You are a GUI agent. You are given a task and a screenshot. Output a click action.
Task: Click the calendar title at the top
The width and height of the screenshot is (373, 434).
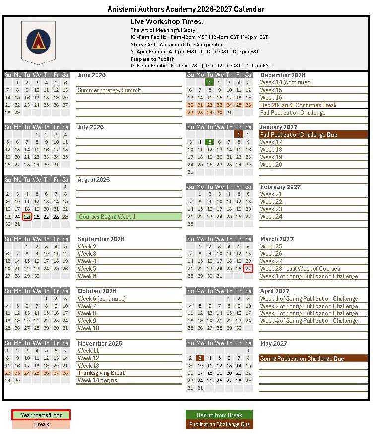[x=186, y=9]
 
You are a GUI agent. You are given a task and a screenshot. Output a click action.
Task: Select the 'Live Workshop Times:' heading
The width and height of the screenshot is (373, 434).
[x=167, y=22]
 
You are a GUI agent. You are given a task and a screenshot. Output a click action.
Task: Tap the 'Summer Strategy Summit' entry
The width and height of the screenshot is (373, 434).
[x=110, y=90]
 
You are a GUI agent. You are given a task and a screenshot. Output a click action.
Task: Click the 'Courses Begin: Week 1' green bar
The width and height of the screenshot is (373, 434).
[x=129, y=217]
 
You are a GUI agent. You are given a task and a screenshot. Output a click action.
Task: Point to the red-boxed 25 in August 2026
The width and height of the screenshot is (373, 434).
[x=27, y=217]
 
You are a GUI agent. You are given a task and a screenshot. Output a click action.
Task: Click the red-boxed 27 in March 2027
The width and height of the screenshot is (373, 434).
[x=249, y=269]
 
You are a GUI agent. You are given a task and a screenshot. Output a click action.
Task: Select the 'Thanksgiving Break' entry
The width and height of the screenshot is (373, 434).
[x=102, y=373]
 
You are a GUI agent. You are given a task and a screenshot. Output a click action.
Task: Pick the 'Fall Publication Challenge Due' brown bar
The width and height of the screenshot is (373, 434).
[x=313, y=135]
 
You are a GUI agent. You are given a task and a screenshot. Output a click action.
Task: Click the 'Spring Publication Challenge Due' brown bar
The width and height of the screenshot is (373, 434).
[x=313, y=358]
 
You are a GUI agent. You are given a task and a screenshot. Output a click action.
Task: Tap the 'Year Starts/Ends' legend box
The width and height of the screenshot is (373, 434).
[x=41, y=415]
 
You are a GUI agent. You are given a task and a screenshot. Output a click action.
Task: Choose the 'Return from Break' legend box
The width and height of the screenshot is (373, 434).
[x=219, y=415]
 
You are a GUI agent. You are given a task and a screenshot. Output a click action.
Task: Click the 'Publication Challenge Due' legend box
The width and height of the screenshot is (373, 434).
[x=219, y=424]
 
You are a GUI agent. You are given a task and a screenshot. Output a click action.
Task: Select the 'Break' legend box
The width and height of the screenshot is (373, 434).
[x=41, y=424]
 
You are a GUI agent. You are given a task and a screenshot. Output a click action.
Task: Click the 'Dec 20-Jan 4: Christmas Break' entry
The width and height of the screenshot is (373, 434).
[x=299, y=105]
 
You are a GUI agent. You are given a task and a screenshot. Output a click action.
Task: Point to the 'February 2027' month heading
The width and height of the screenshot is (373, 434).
[x=281, y=187]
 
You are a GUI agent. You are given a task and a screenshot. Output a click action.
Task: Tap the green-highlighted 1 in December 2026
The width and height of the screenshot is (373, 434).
[x=210, y=83]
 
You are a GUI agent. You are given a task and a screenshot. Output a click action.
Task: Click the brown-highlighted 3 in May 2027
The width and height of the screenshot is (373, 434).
[x=200, y=358]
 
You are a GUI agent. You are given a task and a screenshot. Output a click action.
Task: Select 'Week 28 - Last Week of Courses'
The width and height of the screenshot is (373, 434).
[x=300, y=269]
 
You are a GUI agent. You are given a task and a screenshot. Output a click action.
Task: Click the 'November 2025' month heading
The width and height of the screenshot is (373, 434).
[x=100, y=343]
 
